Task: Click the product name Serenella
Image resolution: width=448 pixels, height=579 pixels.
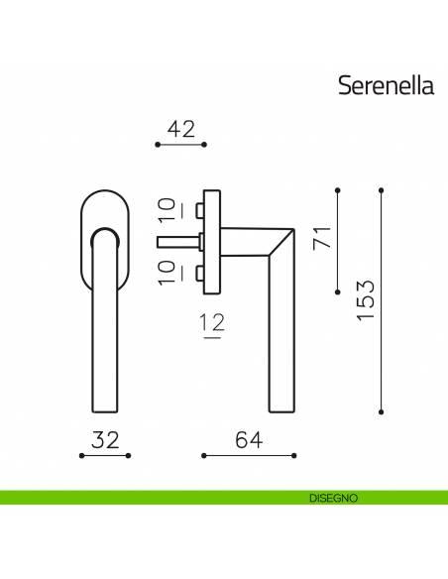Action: pyautogui.click(x=387, y=85)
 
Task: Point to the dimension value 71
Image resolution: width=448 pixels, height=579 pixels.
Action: pyautogui.click(x=319, y=240)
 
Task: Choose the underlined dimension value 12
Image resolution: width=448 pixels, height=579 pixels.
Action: pyautogui.click(x=211, y=323)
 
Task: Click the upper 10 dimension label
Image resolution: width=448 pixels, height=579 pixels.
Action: pyautogui.click(x=168, y=209)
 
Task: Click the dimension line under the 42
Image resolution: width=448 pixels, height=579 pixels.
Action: pyautogui.click(x=181, y=145)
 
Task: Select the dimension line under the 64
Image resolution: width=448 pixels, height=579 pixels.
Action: pyautogui.click(x=248, y=456)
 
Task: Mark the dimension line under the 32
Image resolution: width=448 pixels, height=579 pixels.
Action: pyautogui.click(x=105, y=456)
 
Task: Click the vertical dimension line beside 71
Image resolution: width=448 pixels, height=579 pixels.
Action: pyautogui.click(x=338, y=239)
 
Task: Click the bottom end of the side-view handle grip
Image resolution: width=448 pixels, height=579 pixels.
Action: pyautogui.click(x=282, y=406)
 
